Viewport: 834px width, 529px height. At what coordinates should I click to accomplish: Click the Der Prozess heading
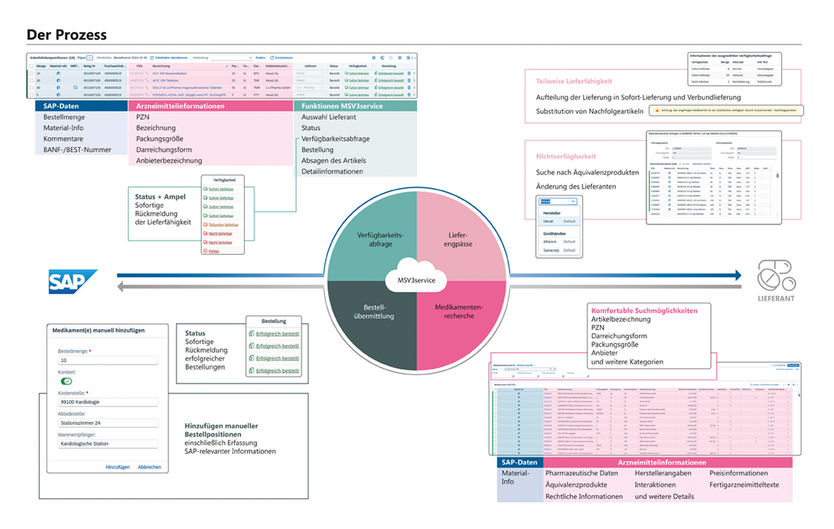point(67,35)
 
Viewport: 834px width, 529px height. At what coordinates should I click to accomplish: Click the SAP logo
point(73,281)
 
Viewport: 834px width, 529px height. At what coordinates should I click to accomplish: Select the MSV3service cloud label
point(416,281)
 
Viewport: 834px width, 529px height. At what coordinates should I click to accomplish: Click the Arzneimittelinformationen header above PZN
point(180,106)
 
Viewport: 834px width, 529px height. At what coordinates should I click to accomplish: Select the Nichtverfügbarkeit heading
point(566,156)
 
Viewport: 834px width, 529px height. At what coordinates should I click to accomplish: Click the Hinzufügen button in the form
point(117,467)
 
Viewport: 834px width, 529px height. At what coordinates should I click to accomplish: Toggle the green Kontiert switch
point(67,380)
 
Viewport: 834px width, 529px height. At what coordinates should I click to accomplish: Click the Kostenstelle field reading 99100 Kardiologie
point(107,402)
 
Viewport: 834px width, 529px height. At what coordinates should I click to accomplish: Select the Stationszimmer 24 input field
point(107,423)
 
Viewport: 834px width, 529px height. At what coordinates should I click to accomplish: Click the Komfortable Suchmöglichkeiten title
point(643,311)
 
